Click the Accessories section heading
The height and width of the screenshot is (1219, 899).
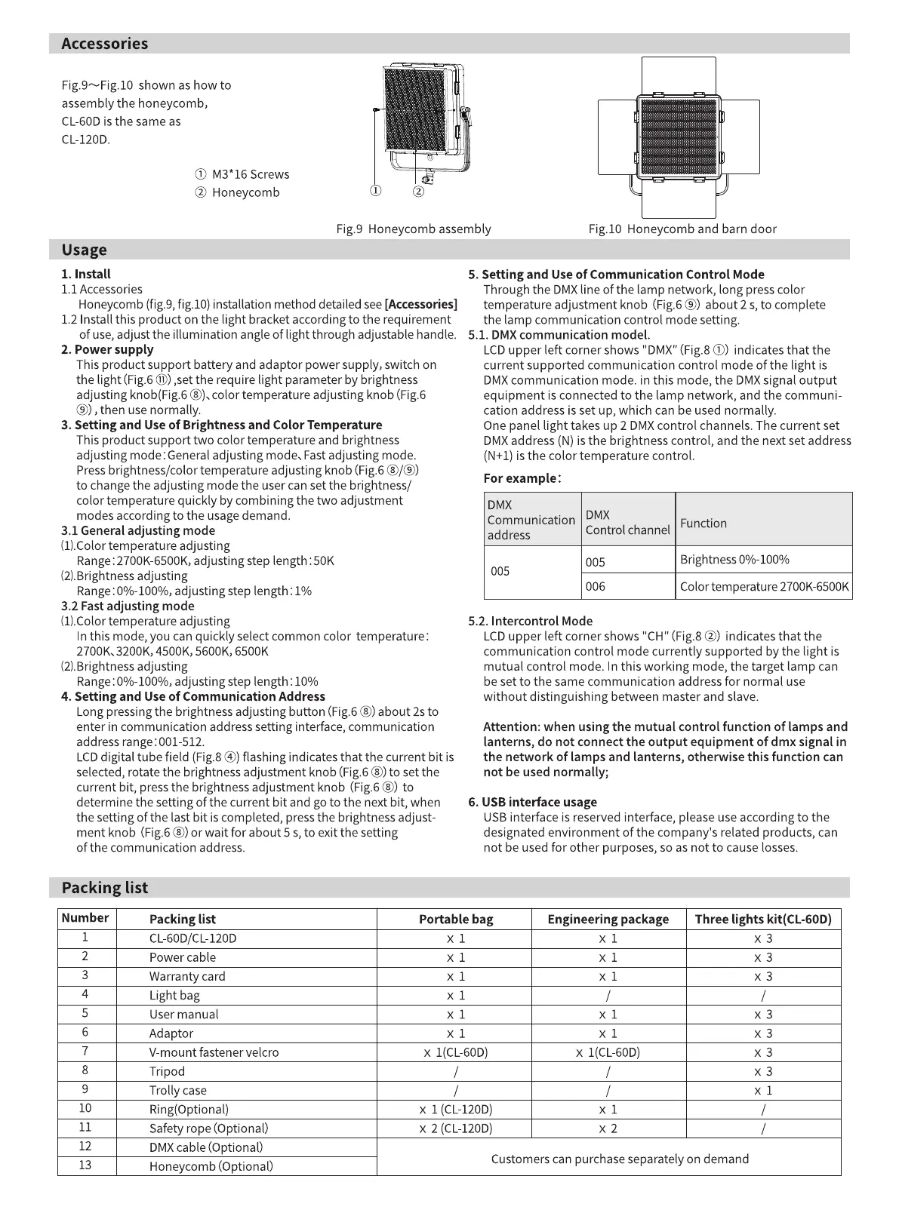pos(105,44)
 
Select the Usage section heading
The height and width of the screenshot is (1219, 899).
pos(85,250)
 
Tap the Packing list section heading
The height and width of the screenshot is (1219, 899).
pos(105,888)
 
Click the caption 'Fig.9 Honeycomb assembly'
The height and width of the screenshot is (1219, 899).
pos(413,229)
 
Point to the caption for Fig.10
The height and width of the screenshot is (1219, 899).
pos(682,229)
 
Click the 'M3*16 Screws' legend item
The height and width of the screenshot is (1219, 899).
pos(242,174)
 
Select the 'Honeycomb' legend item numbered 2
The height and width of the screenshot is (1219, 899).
pos(237,192)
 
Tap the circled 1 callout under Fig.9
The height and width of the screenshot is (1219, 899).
pos(376,191)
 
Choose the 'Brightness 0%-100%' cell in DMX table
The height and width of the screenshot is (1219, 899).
pos(734,560)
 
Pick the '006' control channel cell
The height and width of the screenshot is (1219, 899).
pos(596,586)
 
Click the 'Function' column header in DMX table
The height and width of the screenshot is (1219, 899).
pos(703,523)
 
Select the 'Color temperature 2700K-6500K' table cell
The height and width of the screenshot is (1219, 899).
pos(764,586)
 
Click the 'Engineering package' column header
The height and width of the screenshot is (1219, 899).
pos(608,919)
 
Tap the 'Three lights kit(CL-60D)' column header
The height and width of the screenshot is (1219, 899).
pos(763,919)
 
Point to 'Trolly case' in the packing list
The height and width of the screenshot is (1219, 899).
pos(178,1090)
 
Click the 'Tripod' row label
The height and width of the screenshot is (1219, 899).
pos(167,1071)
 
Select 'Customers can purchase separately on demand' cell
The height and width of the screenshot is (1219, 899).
pos(620,1159)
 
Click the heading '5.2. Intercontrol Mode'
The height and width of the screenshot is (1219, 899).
pos(530,621)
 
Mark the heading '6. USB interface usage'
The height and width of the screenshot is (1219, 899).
pos(532,802)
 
